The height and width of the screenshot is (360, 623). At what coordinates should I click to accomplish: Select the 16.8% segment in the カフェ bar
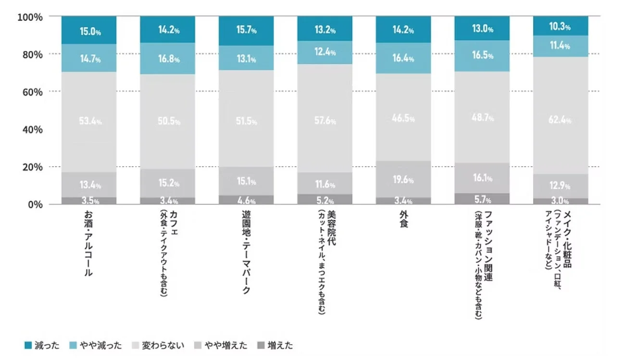point(168,59)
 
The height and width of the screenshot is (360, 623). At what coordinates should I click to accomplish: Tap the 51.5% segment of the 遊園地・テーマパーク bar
point(246,121)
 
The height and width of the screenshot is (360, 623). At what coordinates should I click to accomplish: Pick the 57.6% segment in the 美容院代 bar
point(324,120)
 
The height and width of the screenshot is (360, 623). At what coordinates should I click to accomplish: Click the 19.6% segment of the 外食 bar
point(403,179)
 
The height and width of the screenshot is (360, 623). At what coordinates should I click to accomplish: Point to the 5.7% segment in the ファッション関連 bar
point(482,199)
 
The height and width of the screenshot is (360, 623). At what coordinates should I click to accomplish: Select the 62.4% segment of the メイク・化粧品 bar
point(561,120)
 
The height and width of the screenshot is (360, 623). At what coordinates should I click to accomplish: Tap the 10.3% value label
point(561,27)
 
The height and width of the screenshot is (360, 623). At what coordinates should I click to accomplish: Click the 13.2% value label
point(324,30)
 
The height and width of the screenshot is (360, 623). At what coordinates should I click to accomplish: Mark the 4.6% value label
point(246,201)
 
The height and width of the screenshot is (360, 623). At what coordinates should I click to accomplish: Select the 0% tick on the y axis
point(36,204)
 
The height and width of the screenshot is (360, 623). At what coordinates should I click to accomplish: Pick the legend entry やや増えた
point(224,345)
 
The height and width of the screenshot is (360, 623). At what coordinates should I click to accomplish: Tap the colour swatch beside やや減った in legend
point(73,345)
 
